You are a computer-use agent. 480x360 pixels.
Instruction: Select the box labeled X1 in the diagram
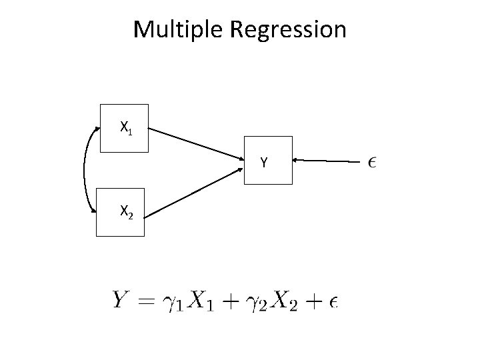tap(123, 129)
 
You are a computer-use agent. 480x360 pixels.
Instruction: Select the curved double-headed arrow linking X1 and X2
tap(85, 171)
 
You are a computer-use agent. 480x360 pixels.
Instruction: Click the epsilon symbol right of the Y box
tap(371, 161)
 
